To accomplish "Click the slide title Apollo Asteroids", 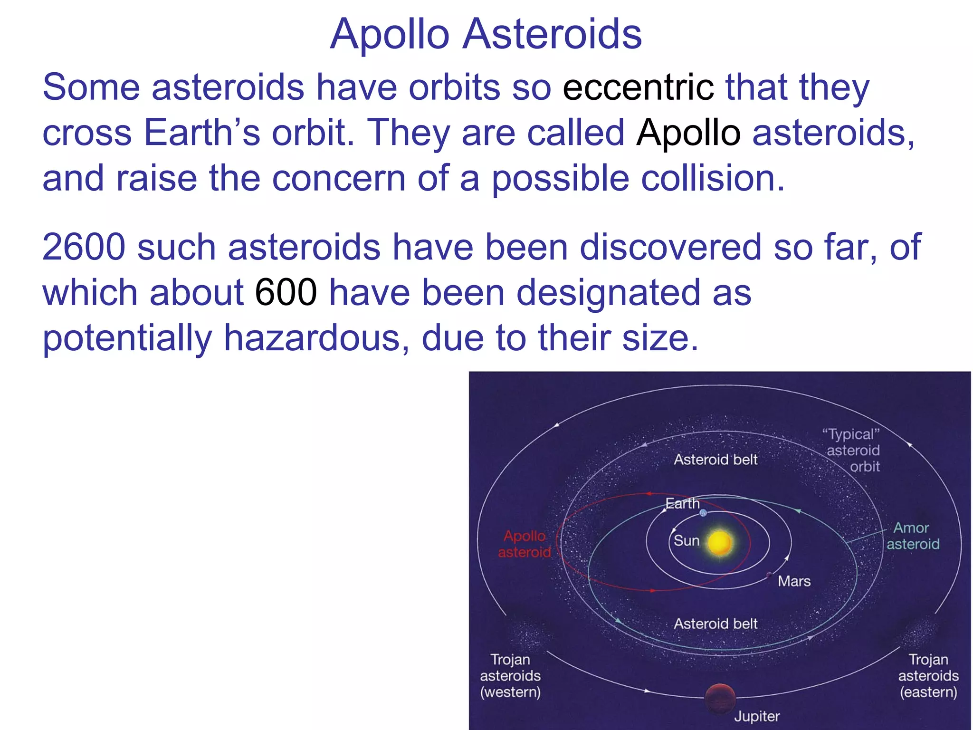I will click(x=486, y=34).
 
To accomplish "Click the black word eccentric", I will click(x=638, y=87).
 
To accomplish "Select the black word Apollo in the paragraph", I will click(x=688, y=133).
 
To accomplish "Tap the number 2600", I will click(x=84, y=248).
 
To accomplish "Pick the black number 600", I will click(x=286, y=293).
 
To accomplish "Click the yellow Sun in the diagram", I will click(x=720, y=543).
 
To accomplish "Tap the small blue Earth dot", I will click(x=703, y=513).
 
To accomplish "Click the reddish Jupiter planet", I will click(x=720, y=699).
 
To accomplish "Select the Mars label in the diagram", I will click(x=794, y=581).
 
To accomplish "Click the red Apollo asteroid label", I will click(x=525, y=544).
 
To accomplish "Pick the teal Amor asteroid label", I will click(x=913, y=536).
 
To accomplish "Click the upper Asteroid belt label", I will click(x=715, y=460).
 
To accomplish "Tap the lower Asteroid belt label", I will click(x=715, y=624).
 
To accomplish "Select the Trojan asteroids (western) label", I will click(x=510, y=675).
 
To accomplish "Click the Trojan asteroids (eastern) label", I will click(x=928, y=675).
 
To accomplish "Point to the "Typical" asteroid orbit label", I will click(x=853, y=450).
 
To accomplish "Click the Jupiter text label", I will click(x=757, y=716).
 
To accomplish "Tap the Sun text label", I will click(x=687, y=541).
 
